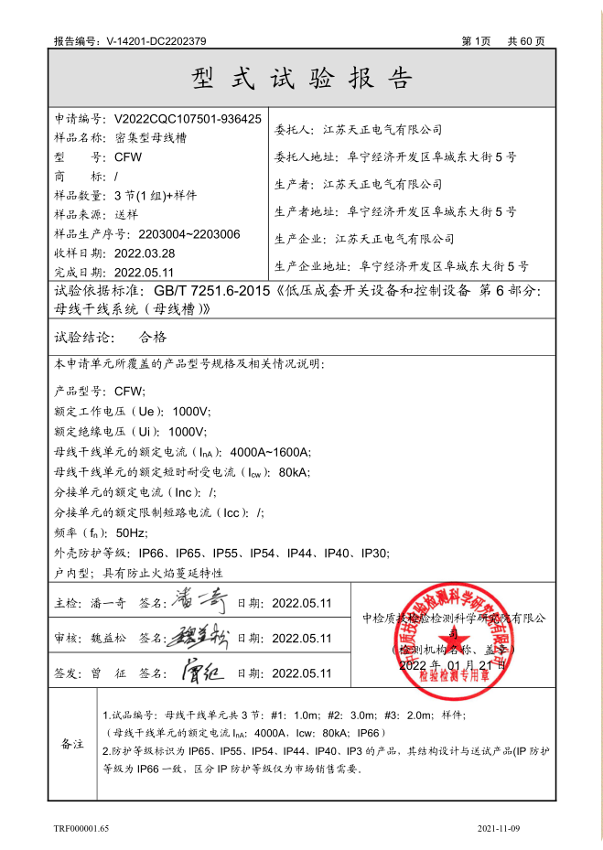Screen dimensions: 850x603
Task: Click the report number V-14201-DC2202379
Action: click(156, 41)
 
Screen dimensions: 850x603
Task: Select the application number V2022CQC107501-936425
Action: click(188, 119)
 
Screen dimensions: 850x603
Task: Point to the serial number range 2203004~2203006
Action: click(188, 234)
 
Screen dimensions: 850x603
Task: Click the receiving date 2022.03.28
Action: click(145, 253)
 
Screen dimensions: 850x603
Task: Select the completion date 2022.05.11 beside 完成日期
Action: click(145, 273)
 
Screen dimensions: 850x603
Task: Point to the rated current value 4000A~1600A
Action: click(271, 452)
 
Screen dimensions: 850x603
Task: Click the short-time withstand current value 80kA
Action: click(294, 472)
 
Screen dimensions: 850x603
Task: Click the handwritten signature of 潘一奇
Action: click(200, 602)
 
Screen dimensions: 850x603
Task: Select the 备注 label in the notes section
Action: click(72, 744)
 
